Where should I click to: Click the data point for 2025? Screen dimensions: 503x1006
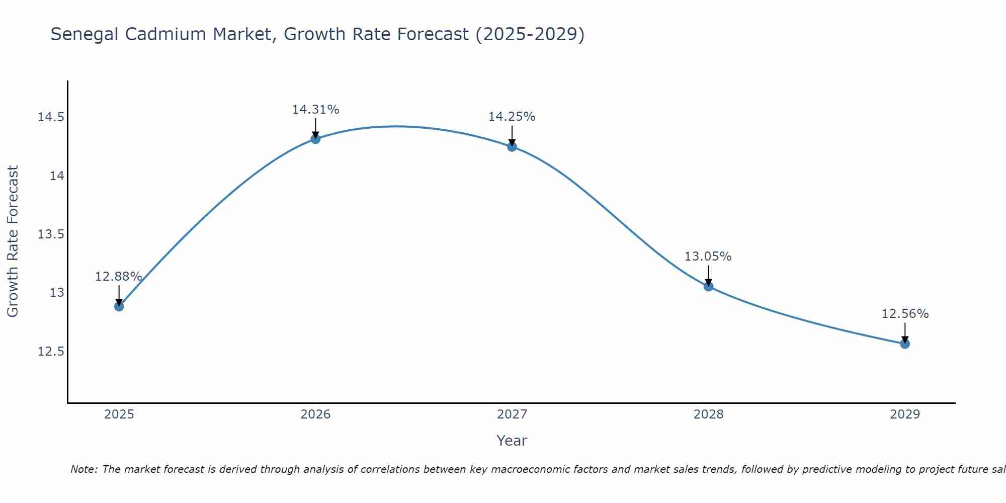119,306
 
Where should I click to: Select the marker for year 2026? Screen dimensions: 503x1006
315,139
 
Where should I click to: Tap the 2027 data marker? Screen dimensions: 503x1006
512,147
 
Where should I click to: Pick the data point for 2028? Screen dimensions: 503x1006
708,287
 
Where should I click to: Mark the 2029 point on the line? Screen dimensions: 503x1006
905,344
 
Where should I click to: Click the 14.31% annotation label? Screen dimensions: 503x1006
315,110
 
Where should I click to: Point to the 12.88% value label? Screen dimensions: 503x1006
119,277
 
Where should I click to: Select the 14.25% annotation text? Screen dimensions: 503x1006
512,117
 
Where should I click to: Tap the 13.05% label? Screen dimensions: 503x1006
708,257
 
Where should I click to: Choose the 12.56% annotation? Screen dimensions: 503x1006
905,314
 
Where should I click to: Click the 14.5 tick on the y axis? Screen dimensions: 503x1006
51,118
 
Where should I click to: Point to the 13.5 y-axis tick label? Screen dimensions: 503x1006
51,234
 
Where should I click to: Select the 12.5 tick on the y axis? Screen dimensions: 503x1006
51,351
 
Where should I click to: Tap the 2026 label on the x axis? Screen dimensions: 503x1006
315,414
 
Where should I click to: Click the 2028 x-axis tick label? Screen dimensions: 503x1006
708,414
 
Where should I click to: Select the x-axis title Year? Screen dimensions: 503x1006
512,441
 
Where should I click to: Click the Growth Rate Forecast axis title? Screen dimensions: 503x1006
13,241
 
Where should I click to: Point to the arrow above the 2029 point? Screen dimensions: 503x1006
905,332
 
